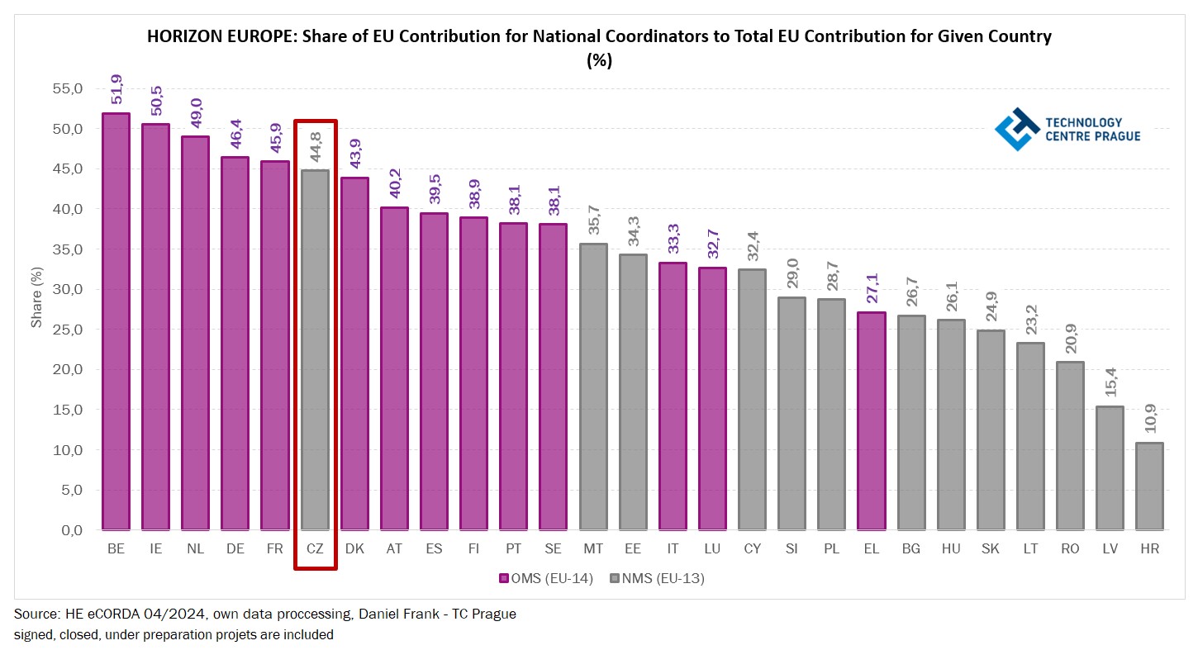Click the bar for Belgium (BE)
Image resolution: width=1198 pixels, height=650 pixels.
point(116,322)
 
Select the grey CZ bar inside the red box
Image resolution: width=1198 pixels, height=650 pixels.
point(315,350)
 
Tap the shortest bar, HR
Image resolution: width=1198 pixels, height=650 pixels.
point(1148,486)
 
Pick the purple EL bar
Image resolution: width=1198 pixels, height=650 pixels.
point(871,421)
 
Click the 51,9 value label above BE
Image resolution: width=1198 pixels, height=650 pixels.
point(116,91)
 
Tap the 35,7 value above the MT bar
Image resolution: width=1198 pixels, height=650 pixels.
point(593,221)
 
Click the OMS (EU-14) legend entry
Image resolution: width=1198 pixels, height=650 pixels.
point(546,578)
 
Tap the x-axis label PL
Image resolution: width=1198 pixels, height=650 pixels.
point(831,548)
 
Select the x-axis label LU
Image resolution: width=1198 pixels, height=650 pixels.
point(712,548)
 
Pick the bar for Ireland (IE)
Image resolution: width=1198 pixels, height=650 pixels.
point(155,327)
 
